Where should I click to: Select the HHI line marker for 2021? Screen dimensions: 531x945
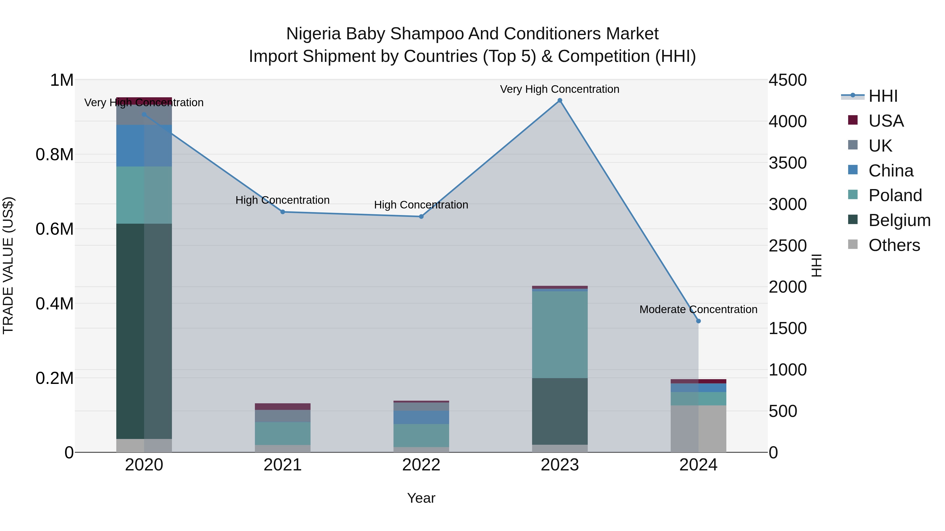[x=282, y=212]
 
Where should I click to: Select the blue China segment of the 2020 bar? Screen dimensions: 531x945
[x=144, y=146]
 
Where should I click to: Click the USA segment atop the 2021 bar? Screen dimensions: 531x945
[x=282, y=406]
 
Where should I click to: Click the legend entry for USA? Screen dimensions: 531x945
[x=886, y=121]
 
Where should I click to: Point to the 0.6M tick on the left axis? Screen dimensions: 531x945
[x=55, y=229]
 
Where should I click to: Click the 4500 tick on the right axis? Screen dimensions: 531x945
[x=787, y=80]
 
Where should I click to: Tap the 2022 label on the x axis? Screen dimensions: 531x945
[x=421, y=465]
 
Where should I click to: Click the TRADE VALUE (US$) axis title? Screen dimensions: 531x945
[x=8, y=265]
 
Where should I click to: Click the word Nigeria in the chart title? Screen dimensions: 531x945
[x=314, y=34]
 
